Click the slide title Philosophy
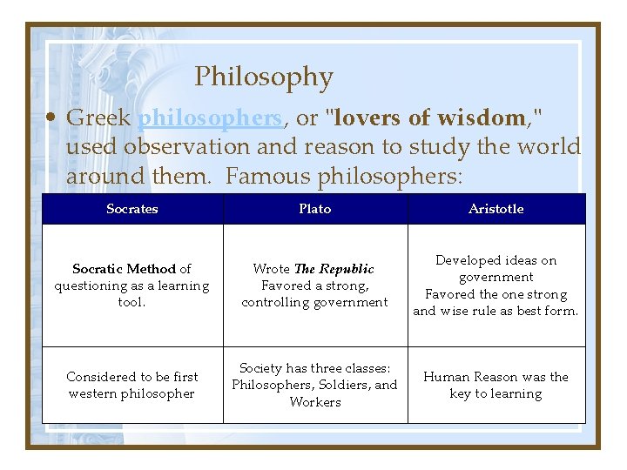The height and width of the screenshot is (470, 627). click(x=263, y=77)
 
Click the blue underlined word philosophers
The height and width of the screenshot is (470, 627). click(x=210, y=117)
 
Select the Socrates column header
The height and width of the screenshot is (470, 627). click(x=132, y=209)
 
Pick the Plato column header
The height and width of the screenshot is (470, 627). click(x=314, y=209)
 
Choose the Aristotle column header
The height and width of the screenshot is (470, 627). click(x=496, y=209)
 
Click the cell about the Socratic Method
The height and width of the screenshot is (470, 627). click(x=132, y=285)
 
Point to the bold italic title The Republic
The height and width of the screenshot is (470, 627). click(x=334, y=269)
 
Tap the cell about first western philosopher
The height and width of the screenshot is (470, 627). click(x=132, y=385)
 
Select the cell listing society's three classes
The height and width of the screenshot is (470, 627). click(x=314, y=385)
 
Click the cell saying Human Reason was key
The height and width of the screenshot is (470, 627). click(x=496, y=385)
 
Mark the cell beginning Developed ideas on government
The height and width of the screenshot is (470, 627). click(x=496, y=285)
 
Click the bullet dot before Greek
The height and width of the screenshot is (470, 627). click(x=53, y=117)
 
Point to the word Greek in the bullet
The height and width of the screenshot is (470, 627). click(x=98, y=117)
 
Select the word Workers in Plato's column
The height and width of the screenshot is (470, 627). click(x=314, y=402)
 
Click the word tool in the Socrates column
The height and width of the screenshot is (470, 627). click(x=132, y=302)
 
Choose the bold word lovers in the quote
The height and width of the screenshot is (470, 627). click(x=367, y=117)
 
